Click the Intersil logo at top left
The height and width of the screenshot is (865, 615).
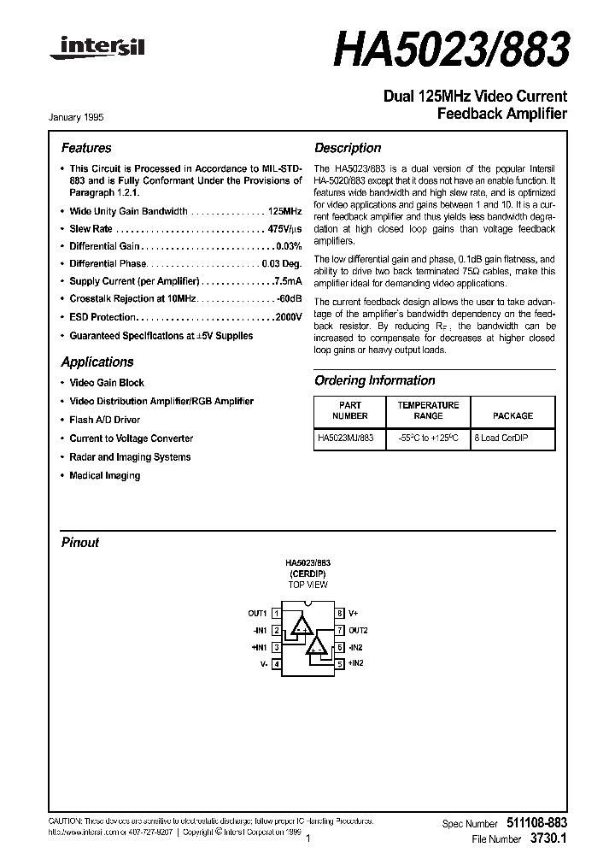click(x=97, y=50)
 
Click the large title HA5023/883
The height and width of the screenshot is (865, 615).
click(x=450, y=51)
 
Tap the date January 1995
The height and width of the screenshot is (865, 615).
click(x=84, y=117)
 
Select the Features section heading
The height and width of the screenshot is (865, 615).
click(x=86, y=148)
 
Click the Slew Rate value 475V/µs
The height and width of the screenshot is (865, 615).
click(x=284, y=230)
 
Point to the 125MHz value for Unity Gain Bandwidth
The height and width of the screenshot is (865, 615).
click(x=284, y=211)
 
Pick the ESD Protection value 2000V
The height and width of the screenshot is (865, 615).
click(x=287, y=317)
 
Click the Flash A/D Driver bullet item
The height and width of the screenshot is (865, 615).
click(x=105, y=420)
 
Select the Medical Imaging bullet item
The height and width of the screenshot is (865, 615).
click(x=105, y=476)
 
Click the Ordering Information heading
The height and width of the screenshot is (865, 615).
click(x=374, y=381)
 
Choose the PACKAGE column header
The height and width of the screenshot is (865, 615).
click(x=512, y=416)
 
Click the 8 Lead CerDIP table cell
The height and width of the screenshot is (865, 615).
click(x=512, y=438)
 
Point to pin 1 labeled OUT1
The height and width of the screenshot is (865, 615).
click(x=258, y=614)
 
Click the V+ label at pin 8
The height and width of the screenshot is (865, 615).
click(x=353, y=614)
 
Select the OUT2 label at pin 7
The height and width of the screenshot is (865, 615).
click(x=358, y=630)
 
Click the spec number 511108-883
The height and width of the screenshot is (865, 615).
click(x=535, y=823)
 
